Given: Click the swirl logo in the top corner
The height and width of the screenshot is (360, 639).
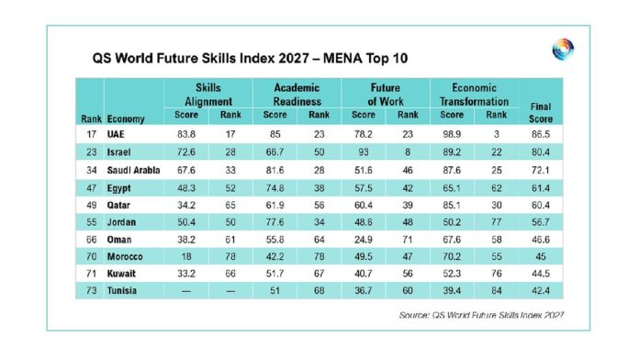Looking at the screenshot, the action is coord(563,50).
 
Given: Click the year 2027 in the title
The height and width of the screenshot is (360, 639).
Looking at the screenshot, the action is coord(294,58).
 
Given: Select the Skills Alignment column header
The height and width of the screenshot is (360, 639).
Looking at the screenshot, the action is coord(208,95).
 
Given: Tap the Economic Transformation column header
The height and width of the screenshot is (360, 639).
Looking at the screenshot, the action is coord(474,95).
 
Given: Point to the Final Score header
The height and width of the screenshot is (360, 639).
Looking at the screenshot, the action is coord(541,113).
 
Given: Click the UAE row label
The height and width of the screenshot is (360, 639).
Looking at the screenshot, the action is coord(116,134).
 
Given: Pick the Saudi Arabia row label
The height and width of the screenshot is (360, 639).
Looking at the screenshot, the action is coord(133,170).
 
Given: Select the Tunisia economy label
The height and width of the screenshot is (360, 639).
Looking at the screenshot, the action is coord(122,291).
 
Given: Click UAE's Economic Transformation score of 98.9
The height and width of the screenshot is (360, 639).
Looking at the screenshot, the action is coord(452,134).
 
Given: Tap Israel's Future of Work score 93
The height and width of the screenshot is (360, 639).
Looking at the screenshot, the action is coord(363,152).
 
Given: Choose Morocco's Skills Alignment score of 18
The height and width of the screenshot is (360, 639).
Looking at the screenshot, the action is coord(186,256).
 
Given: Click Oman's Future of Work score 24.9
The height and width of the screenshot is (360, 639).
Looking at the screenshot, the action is coord(363,240).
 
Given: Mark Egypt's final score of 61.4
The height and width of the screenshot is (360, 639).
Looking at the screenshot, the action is coord(541,188).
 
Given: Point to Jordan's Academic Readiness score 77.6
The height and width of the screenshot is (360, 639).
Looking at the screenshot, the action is coord(275,222).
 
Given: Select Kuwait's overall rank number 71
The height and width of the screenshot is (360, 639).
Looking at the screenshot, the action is coord(91,274).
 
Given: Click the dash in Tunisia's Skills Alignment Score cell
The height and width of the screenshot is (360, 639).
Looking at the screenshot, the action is coord(186,291).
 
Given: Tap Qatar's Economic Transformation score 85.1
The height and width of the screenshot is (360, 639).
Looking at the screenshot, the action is coord(452,205).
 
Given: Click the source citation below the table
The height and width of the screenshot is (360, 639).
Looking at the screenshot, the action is coord(481,315).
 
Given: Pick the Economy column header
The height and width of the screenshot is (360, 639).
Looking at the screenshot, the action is coord(126,119).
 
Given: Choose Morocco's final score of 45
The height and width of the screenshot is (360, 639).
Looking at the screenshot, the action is coord(541,256).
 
